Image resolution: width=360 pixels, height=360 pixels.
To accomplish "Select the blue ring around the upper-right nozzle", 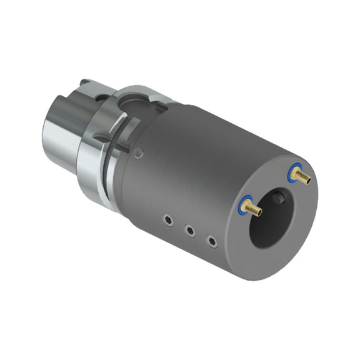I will click(x=293, y=171).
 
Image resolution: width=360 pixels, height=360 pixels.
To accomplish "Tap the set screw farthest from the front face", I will click(x=168, y=219).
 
